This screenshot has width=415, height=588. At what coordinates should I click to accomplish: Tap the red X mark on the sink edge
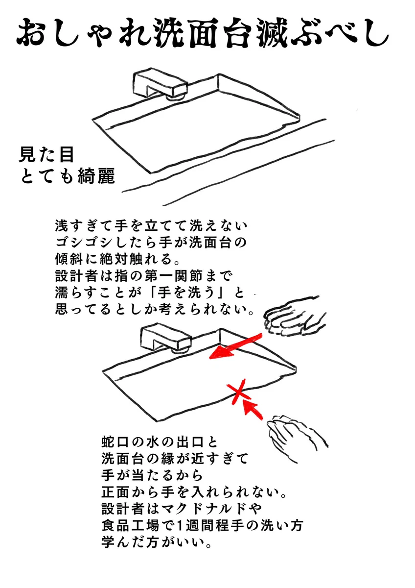coord(238,392)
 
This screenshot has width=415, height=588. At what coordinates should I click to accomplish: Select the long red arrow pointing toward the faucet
coord(235,346)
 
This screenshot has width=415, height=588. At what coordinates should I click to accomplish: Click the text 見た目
coord(46,154)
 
